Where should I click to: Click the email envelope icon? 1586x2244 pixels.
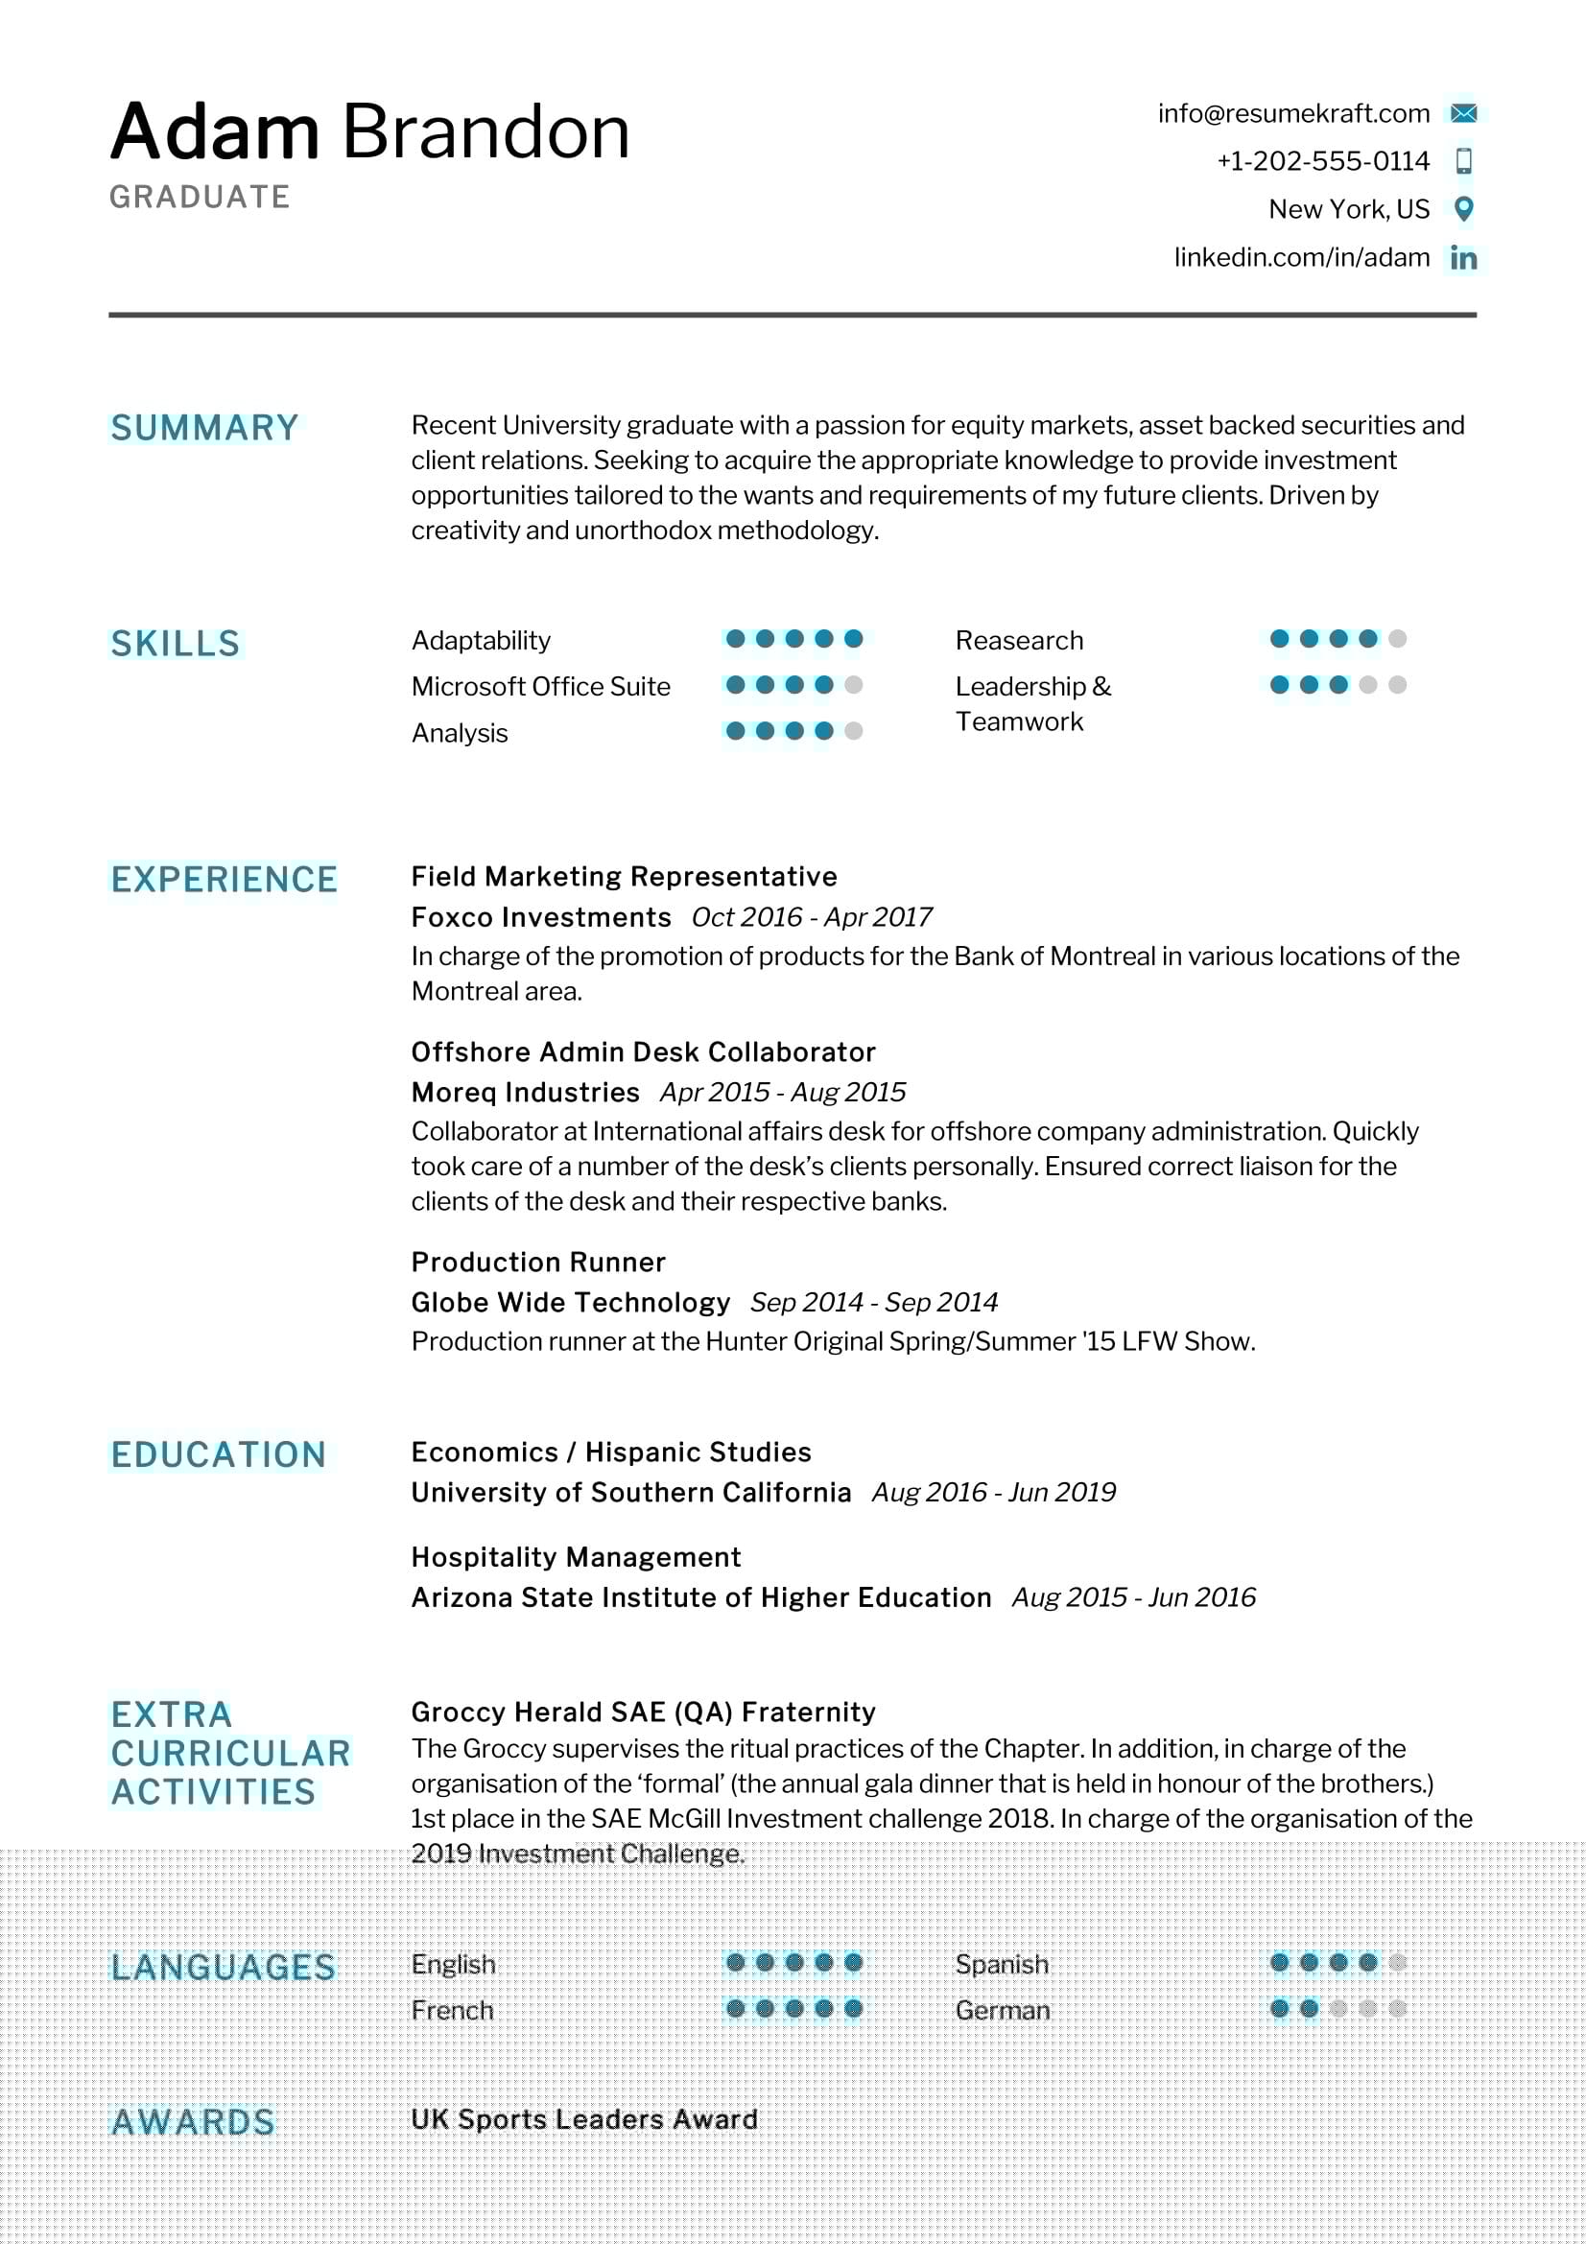click(x=1463, y=113)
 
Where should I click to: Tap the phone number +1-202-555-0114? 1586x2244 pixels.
click(x=1322, y=161)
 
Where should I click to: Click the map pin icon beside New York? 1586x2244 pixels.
click(x=1463, y=208)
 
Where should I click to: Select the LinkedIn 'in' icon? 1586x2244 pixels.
click(x=1463, y=258)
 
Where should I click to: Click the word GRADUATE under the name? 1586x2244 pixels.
click(x=200, y=198)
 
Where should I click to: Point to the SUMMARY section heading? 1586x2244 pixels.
click(x=204, y=428)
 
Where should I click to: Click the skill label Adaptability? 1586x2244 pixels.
click(x=481, y=641)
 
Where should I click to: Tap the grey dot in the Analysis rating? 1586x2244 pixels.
click(x=853, y=731)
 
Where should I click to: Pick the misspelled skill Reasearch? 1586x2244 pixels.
click(x=1019, y=641)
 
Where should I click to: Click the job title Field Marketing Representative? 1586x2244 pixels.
click(x=624, y=877)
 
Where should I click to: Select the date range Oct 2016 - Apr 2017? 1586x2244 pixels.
click(x=811, y=918)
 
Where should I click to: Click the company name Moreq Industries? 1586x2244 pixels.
click(x=525, y=1093)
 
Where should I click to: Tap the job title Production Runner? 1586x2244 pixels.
click(x=537, y=1263)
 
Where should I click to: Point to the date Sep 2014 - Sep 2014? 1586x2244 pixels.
click(x=874, y=1303)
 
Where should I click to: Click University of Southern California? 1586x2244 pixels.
click(x=630, y=1493)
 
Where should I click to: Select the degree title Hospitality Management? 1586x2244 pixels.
click(x=576, y=1557)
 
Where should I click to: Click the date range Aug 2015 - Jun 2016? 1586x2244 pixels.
click(x=1133, y=1597)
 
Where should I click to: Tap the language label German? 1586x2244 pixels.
click(x=1003, y=2011)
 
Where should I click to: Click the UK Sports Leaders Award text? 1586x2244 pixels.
click(x=583, y=2119)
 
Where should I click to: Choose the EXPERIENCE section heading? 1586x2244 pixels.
click(x=224, y=880)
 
